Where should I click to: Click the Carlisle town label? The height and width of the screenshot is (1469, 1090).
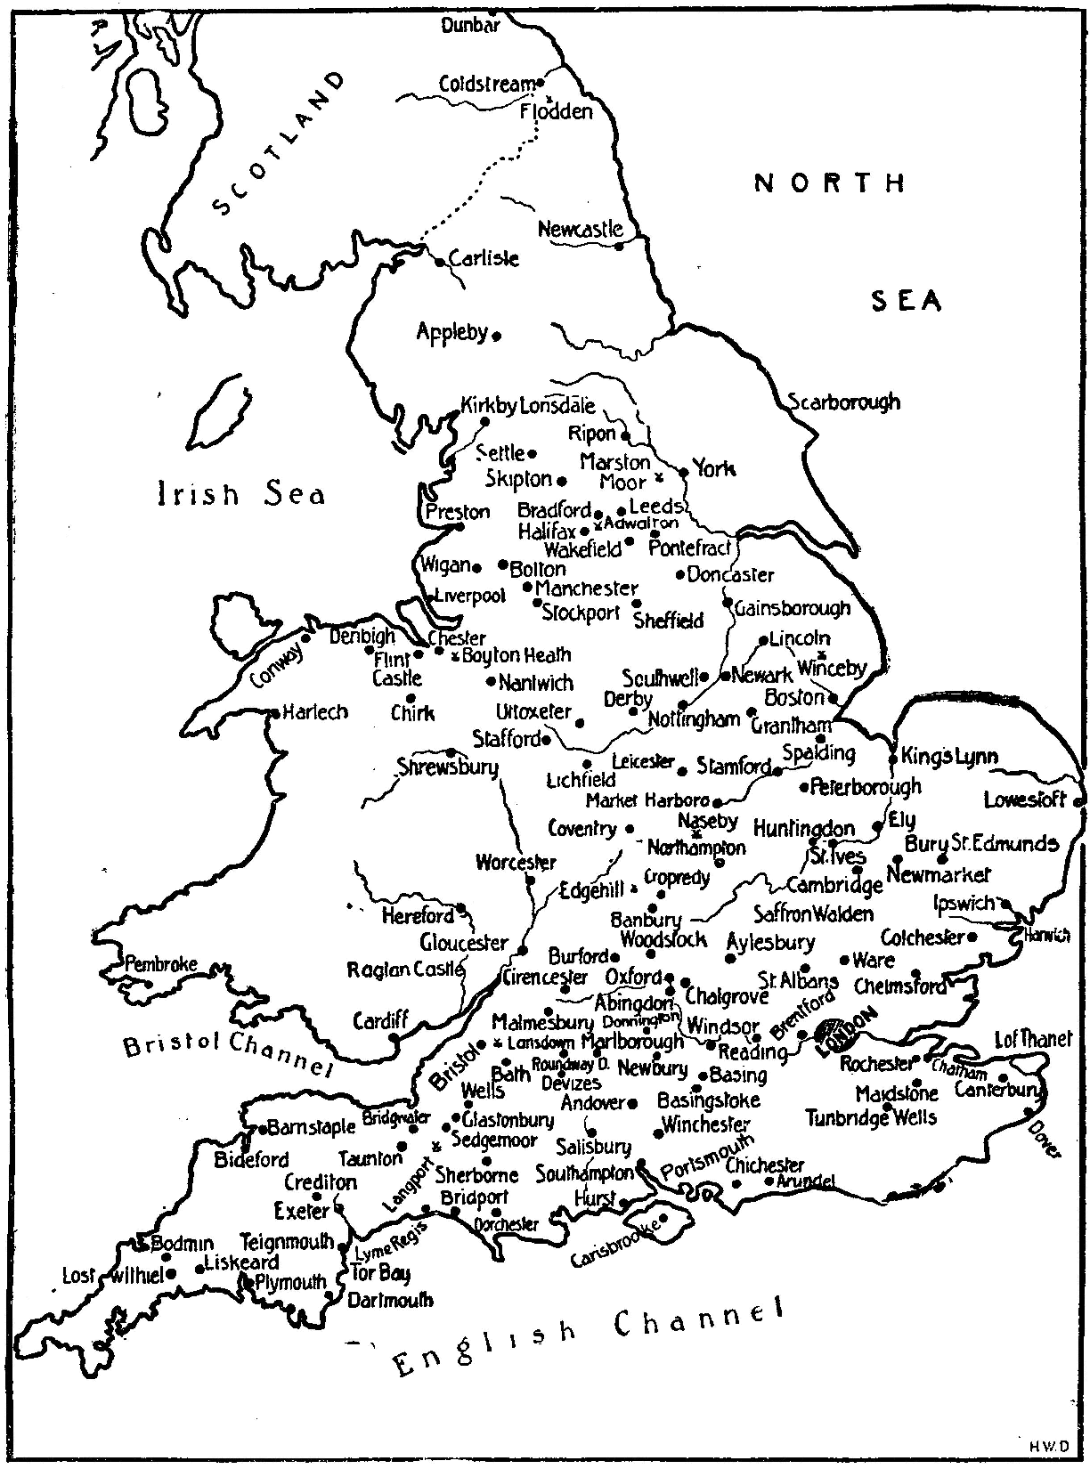coord(484,260)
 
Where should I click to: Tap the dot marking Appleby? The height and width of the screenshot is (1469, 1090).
coord(497,336)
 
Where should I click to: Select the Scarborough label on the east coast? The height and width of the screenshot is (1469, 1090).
coord(844,402)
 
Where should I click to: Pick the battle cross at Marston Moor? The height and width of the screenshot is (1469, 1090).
coord(660,478)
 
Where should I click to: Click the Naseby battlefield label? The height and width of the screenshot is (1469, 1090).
coord(708,820)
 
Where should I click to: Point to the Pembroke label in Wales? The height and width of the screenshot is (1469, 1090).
coord(160,964)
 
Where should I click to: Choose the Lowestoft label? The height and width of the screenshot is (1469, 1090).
coord(1025,800)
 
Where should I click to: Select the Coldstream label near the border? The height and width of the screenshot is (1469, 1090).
coord(488,84)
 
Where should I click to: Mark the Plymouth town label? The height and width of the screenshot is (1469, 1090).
coord(290,1283)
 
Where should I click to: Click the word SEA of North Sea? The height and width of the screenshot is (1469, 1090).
coord(906,303)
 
